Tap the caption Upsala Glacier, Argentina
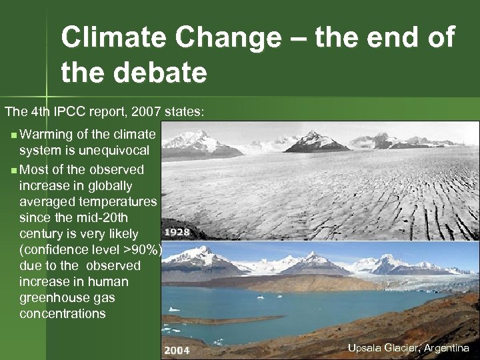[408, 348]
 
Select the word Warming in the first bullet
[45, 134]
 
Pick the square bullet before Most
[15, 170]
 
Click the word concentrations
[63, 313]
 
